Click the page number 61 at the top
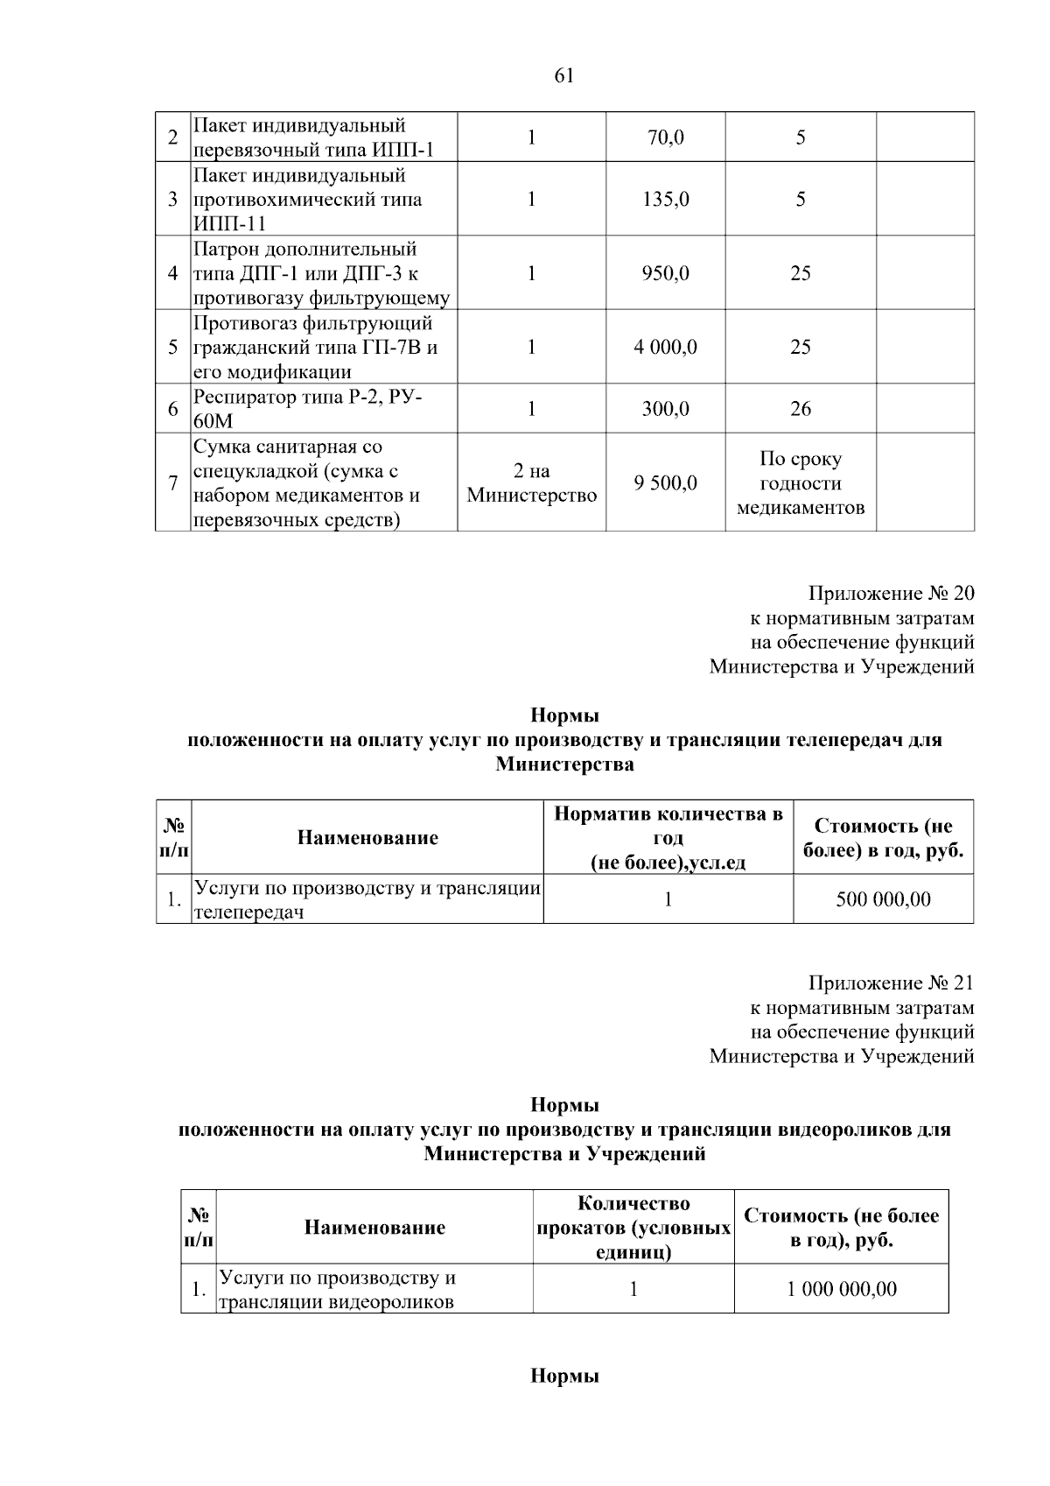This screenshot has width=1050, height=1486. click(564, 76)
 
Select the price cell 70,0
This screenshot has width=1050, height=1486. click(665, 137)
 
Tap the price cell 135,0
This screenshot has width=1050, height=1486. click(665, 200)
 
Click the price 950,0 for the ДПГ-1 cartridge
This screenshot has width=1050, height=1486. click(665, 273)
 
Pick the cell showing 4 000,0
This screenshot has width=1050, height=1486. click(665, 347)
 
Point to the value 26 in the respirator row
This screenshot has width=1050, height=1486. click(800, 409)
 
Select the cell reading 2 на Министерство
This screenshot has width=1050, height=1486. click(531, 483)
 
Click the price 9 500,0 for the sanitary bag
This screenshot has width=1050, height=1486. click(665, 483)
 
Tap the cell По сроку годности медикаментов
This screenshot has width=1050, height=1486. click(800, 483)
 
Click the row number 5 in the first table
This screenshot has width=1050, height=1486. click(173, 347)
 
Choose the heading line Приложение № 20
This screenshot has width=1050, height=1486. click(891, 594)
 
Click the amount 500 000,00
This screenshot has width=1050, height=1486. click(883, 899)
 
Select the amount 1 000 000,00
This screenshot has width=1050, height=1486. click(841, 1289)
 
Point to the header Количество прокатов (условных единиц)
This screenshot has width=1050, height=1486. click(633, 1228)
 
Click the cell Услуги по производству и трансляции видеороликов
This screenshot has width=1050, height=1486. click(337, 1289)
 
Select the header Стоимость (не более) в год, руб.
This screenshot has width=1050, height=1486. click(883, 838)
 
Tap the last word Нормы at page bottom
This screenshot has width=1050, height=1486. click(564, 1377)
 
